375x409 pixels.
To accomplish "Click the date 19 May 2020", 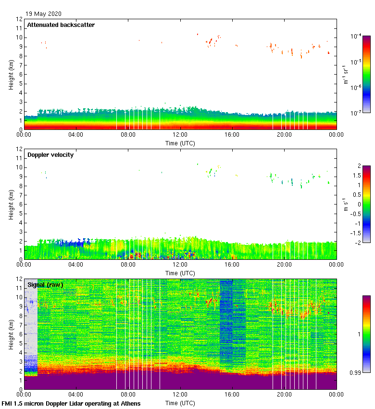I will pos(43,14).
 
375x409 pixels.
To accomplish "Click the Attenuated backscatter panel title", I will pos(61,25).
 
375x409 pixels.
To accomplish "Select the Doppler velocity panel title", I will pos(50,155).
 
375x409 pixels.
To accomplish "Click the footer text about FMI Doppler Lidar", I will pos(71,403).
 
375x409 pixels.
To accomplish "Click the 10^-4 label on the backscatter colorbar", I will pos(356,36).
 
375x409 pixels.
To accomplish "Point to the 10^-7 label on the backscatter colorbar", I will pos(356,113).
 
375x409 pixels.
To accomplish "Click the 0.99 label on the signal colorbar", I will pos(354,372).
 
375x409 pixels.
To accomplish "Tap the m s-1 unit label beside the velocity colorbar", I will pos(346,204).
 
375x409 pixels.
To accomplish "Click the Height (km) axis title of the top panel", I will pos(11,75).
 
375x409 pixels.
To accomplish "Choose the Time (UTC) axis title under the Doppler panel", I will pos(180,273).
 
